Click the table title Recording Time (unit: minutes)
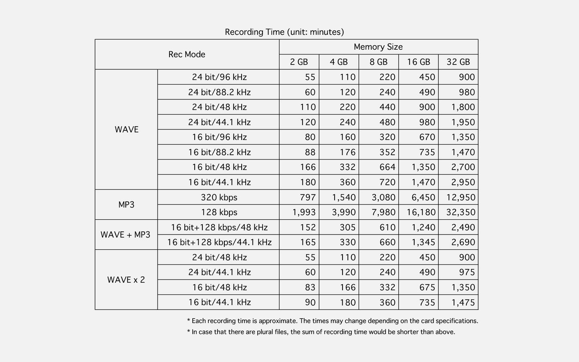[284, 32]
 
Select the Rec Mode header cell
[187, 55]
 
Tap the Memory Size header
[378, 47]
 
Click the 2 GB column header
[299, 62]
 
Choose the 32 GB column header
[458, 62]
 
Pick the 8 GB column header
[378, 62]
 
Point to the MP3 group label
[126, 204]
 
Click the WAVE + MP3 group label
[125, 235]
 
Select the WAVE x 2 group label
[126, 280]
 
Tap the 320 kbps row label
[219, 197]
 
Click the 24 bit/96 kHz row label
[219, 77]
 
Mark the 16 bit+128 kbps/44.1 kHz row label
[219, 242]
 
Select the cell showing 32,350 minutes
[460, 212]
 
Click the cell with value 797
[308, 197]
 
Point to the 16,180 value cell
[421, 212]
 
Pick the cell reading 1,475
[463, 302]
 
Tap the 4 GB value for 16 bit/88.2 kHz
[347, 152]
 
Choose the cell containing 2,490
[463, 227]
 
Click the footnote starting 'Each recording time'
[333, 321]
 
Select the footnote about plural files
[321, 332]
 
